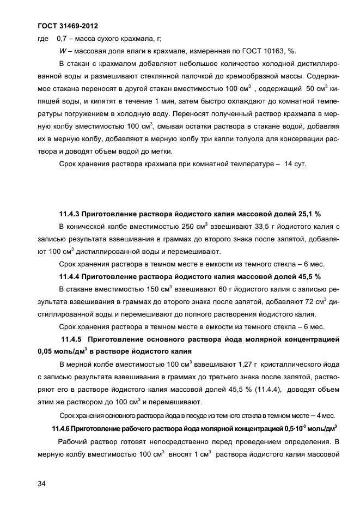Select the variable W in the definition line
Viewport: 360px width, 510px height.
(62, 51)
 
